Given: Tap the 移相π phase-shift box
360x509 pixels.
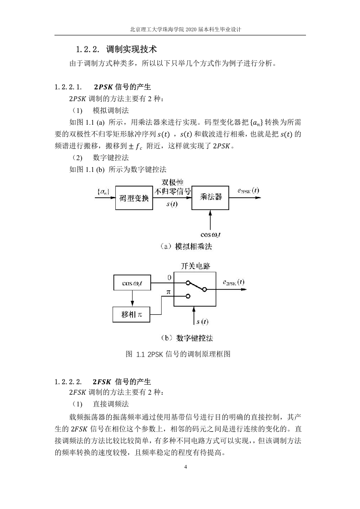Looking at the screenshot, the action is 131,314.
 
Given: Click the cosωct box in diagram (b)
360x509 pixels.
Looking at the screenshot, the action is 132,283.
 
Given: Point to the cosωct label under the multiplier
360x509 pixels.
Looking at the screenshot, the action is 211,235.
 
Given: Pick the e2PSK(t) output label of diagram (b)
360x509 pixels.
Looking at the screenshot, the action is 234,282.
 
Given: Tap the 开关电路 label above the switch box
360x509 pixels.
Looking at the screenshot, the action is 196,266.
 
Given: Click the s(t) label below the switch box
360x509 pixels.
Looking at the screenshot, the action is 202,322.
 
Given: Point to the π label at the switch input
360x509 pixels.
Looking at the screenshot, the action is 168,292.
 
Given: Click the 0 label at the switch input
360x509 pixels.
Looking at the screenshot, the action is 169,278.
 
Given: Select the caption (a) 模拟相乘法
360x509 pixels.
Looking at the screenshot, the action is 186,247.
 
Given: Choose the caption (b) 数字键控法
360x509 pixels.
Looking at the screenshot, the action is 187,338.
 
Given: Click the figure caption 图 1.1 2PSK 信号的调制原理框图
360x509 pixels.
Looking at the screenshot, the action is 178,354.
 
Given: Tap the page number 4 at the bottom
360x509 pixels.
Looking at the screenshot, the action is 186,467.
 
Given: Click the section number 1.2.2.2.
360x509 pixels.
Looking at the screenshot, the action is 68,382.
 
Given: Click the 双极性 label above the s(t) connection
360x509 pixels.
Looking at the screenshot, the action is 173,182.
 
